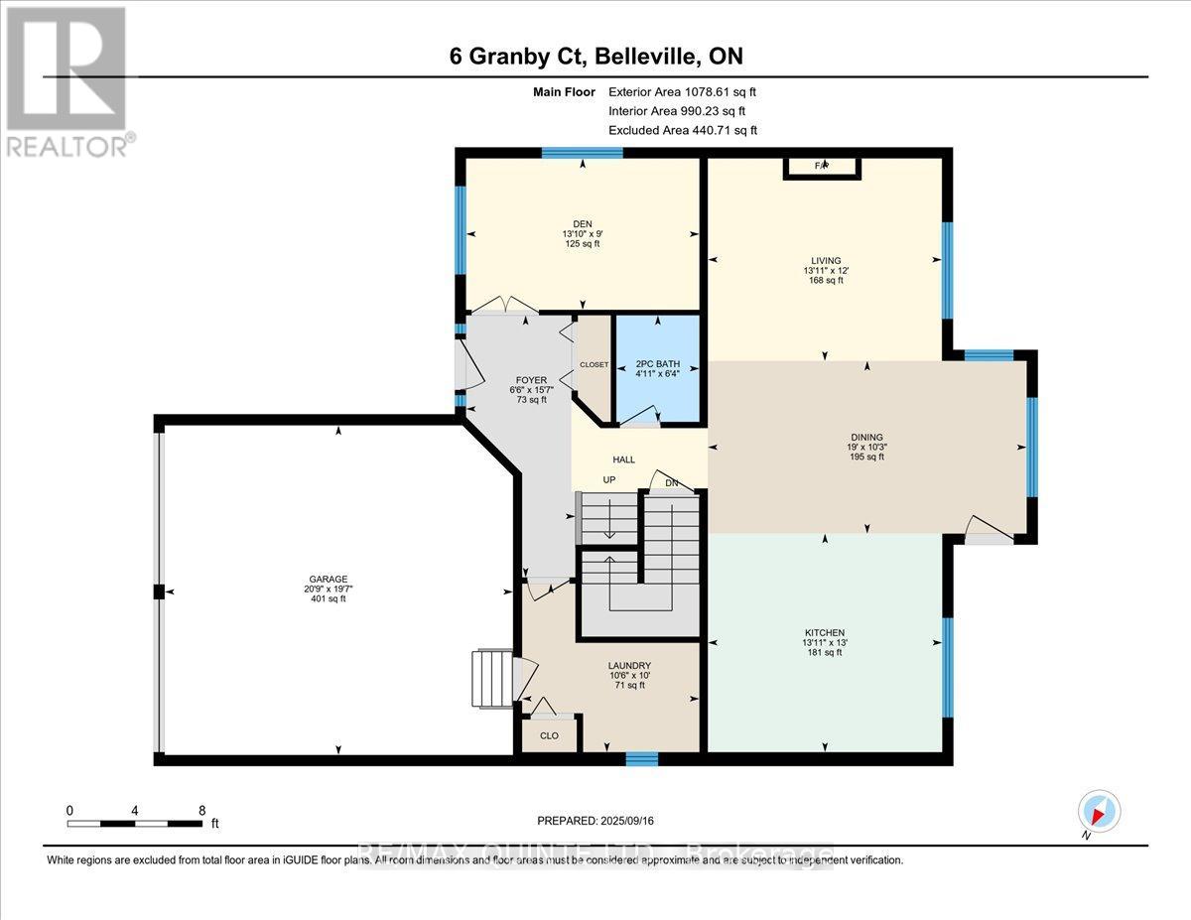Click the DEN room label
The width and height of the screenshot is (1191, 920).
tap(581, 223)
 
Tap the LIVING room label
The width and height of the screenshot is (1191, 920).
tap(824, 260)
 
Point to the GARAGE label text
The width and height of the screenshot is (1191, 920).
tap(340, 579)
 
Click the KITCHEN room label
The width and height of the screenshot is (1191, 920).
tap(824, 632)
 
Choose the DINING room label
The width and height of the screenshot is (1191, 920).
tap(866, 437)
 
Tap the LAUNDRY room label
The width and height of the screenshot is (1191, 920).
tap(629, 666)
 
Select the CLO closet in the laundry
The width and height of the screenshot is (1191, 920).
tap(550, 736)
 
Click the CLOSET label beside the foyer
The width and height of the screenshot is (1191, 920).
tap(594, 365)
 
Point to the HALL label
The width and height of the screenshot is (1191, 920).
tap(623, 460)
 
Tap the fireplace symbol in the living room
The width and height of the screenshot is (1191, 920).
tap(822, 166)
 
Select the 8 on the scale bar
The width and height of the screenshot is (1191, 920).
tap(201, 810)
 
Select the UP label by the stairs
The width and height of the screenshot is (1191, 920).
tap(611, 480)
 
